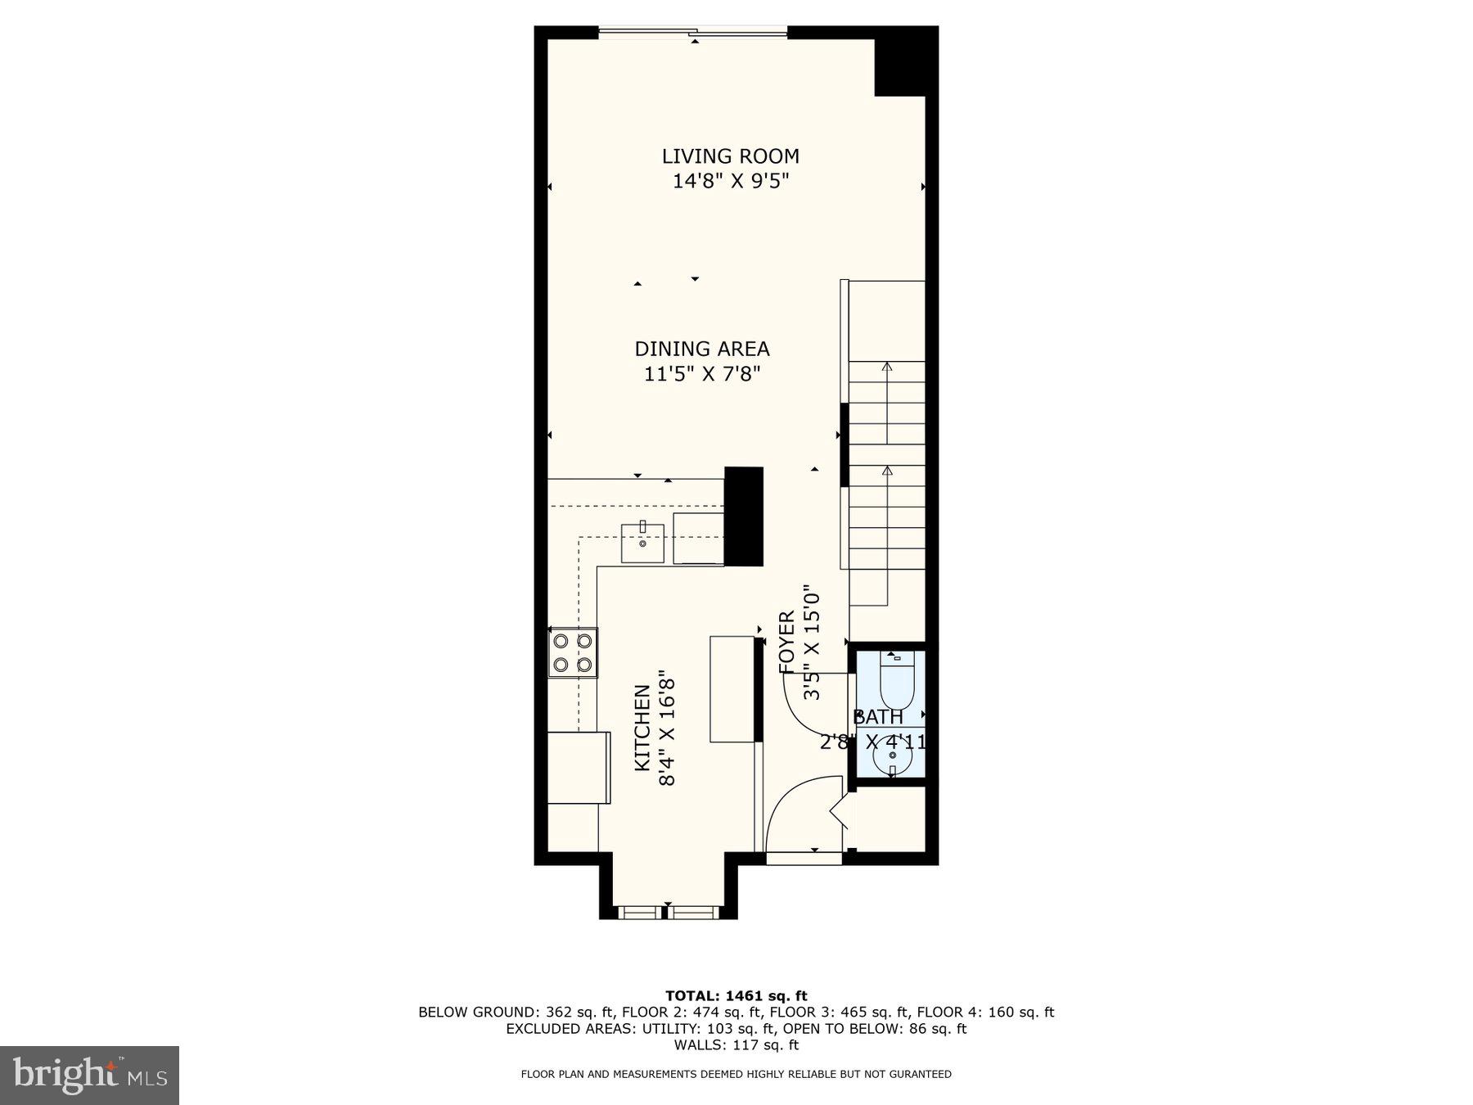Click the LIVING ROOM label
(x=730, y=156)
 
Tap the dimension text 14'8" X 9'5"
(x=730, y=181)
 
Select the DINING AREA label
(x=702, y=349)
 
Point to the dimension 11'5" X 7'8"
(x=702, y=374)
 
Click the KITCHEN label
(x=642, y=728)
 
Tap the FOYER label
(x=786, y=643)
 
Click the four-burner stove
(x=572, y=652)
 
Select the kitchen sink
(x=642, y=543)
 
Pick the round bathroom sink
(x=892, y=756)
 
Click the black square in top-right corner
(x=905, y=61)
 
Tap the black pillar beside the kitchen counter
(x=743, y=516)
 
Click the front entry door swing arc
(x=798, y=806)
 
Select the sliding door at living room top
(x=692, y=33)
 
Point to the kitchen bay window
(x=667, y=911)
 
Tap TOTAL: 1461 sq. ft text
(x=736, y=995)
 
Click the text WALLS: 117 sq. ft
(x=736, y=1044)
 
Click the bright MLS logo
(x=89, y=1075)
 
